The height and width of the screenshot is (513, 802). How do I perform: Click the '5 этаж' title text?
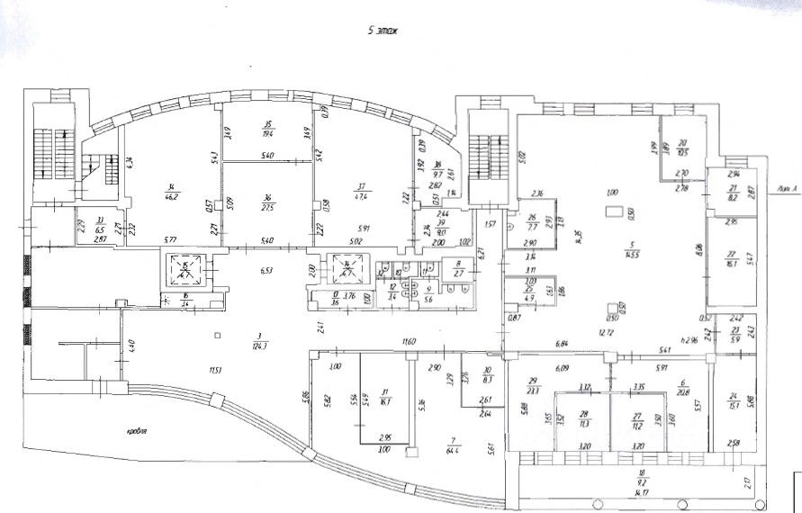click(x=383, y=30)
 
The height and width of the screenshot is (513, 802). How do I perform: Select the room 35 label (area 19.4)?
click(x=267, y=129)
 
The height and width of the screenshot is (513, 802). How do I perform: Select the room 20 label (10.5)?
click(x=683, y=147)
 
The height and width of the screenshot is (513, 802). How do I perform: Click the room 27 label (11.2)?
click(x=637, y=418)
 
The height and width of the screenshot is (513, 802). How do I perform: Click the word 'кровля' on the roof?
click(x=138, y=432)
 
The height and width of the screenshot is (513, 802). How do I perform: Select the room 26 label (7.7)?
click(x=532, y=222)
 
